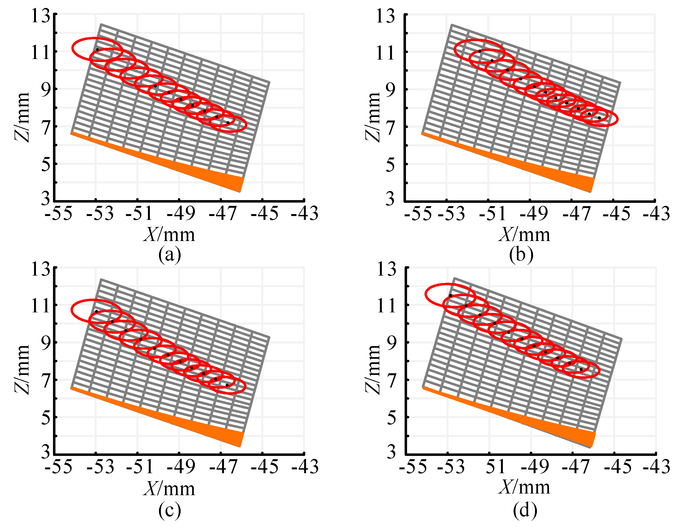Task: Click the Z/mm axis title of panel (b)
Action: [x=372, y=117]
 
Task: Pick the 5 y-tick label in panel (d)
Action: [x=391, y=418]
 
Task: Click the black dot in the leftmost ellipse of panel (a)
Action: [x=97, y=49]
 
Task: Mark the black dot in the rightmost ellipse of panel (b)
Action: [x=599, y=118]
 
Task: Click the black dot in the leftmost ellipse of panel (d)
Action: [x=450, y=295]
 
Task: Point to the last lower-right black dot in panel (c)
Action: [x=227, y=385]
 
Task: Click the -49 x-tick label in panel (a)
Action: [x=181, y=214]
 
